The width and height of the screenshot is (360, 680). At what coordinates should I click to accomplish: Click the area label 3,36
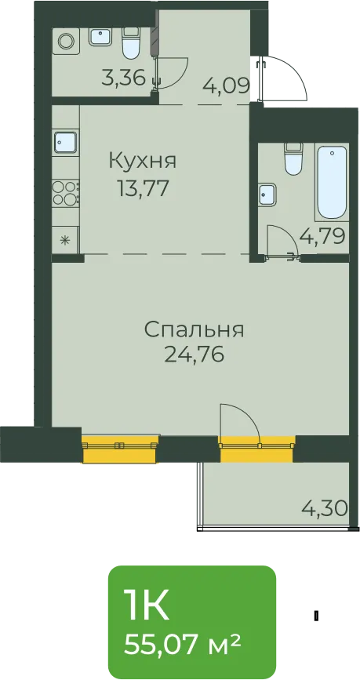(x=123, y=79)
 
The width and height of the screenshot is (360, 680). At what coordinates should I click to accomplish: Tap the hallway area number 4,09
(x=227, y=85)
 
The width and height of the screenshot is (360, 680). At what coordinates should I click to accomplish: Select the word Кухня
(x=143, y=162)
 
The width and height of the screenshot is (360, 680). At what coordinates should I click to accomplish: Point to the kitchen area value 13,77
(x=143, y=189)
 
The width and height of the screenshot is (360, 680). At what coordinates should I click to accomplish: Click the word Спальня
(x=194, y=330)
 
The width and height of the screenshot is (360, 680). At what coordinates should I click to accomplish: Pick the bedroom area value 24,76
(x=194, y=355)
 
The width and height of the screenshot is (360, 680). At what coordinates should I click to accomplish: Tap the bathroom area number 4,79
(x=322, y=237)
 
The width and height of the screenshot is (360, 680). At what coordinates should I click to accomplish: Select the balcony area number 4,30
(x=325, y=507)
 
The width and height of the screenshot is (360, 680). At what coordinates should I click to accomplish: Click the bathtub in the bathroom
(x=332, y=183)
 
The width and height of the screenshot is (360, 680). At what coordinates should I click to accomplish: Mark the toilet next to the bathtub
(x=293, y=160)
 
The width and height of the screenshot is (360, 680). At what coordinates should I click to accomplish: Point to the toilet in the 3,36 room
(x=130, y=43)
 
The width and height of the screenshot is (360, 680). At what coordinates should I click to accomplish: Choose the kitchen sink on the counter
(x=67, y=142)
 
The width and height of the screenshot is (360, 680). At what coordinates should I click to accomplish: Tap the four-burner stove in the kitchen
(x=66, y=193)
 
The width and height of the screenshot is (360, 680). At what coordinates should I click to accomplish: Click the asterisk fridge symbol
(x=65, y=239)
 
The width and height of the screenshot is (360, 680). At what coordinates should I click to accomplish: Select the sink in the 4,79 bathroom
(x=267, y=195)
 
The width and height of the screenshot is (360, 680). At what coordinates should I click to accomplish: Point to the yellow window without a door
(x=120, y=449)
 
